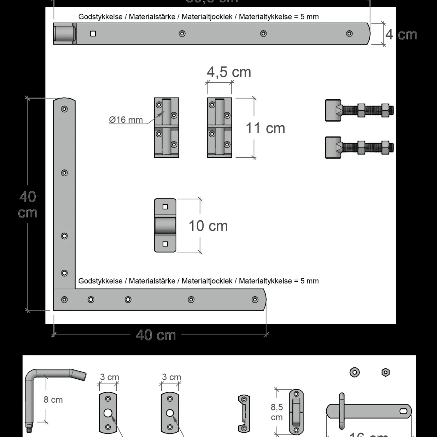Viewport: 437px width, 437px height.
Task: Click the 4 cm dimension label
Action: [x=401, y=35]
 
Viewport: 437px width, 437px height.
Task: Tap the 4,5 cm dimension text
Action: [x=229, y=72]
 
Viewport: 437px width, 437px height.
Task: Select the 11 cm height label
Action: [x=265, y=128]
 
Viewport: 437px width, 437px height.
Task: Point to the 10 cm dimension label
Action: [x=208, y=226]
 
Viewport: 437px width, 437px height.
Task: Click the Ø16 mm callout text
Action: [x=126, y=120]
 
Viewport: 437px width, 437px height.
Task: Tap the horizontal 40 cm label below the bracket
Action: [x=156, y=335]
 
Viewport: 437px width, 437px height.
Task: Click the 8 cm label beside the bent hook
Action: [x=53, y=400]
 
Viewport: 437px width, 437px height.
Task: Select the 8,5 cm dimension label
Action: [x=276, y=412]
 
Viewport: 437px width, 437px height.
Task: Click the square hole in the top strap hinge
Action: [x=93, y=34]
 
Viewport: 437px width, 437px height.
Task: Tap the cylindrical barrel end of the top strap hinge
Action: [x=64, y=34]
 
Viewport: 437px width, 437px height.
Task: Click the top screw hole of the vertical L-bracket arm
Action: [x=64, y=109]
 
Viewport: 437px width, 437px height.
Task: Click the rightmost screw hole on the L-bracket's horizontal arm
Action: [x=255, y=299]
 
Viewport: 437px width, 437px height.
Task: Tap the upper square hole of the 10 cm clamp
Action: [x=165, y=207]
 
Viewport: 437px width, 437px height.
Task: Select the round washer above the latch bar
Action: [x=355, y=372]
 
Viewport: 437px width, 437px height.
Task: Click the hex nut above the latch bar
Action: [x=385, y=372]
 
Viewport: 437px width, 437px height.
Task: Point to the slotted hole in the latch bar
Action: [x=404, y=411]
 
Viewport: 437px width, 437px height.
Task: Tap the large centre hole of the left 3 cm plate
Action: [x=108, y=413]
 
